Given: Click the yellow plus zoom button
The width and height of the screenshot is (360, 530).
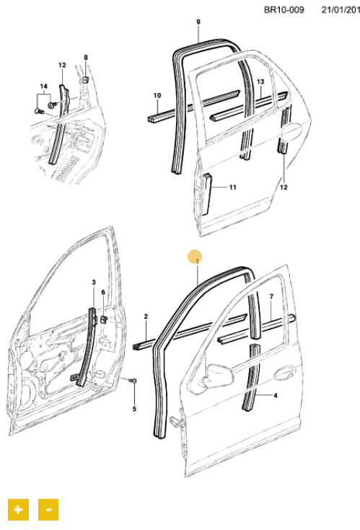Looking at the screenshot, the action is click(x=18, y=509).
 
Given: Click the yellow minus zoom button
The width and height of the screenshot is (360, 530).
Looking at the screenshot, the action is click(x=48, y=509).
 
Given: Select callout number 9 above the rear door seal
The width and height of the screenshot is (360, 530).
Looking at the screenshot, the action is click(x=198, y=22).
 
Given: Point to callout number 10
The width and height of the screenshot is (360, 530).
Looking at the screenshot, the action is click(x=157, y=96).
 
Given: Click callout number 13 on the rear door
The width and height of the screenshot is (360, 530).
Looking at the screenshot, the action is click(x=260, y=81).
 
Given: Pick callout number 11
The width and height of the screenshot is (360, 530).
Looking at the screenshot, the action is click(x=232, y=187).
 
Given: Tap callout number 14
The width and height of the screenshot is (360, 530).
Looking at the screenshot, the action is click(x=43, y=87).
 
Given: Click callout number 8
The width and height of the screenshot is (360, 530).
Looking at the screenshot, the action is click(x=86, y=58).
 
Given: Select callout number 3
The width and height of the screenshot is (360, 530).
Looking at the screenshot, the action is click(x=94, y=282).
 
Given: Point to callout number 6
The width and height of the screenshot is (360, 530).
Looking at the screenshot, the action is click(x=103, y=292).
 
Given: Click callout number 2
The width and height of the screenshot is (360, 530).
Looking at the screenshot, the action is click(x=146, y=317).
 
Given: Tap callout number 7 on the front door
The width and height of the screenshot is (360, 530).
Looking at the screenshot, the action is click(x=271, y=297).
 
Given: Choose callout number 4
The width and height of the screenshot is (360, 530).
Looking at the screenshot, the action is click(x=276, y=395).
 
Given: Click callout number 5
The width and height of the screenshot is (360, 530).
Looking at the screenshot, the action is click(x=134, y=409).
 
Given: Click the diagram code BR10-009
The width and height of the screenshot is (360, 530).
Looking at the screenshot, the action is click(x=284, y=10).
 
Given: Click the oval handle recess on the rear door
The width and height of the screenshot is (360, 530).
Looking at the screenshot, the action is click(x=291, y=131).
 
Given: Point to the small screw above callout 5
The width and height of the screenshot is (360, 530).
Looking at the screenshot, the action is click(x=133, y=381).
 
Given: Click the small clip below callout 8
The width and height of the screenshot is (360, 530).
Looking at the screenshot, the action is click(x=86, y=80).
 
